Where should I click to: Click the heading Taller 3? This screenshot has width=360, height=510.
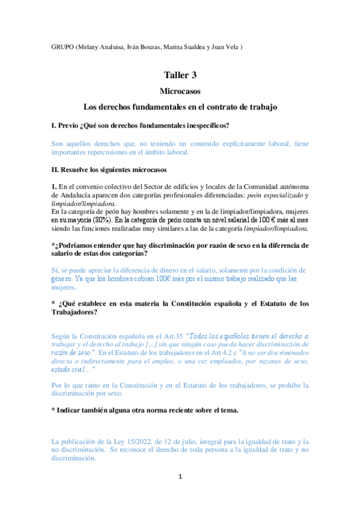tap(180, 75)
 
